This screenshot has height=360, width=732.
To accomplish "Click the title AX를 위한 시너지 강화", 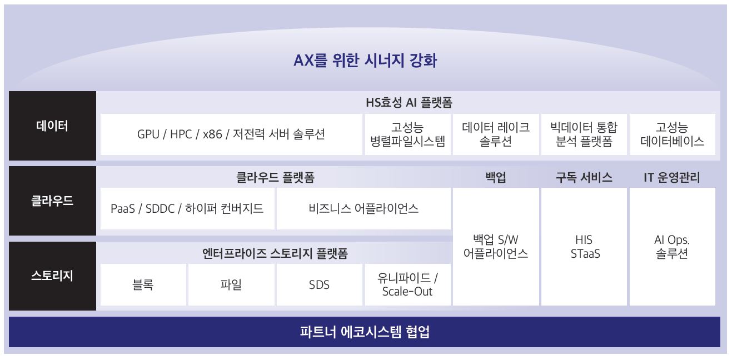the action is click(365, 60).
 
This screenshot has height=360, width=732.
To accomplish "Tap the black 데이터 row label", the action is click(52, 126).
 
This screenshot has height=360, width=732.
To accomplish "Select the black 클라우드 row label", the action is click(52, 201).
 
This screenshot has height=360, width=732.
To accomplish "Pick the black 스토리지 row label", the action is click(52, 276).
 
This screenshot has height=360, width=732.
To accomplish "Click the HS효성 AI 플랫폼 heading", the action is click(409, 102).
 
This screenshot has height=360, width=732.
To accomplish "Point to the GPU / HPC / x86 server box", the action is click(231, 134).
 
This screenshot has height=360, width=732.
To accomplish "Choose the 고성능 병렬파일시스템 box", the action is click(408, 134).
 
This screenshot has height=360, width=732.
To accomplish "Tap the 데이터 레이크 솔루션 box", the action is click(496, 134).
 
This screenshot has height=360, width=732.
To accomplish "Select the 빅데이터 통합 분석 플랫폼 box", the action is click(584, 134).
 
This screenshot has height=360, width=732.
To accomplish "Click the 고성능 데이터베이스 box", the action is click(672, 134).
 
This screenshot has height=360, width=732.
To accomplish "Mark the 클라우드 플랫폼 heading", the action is click(275, 178).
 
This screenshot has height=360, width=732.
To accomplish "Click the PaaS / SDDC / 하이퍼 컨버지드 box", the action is click(187, 208).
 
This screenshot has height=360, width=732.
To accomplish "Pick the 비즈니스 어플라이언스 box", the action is click(363, 208).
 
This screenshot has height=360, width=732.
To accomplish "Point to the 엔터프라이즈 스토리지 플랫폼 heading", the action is click(275, 254).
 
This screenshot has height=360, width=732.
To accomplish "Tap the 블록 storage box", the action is click(143, 284).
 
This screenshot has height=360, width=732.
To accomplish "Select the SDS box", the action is click(319, 284).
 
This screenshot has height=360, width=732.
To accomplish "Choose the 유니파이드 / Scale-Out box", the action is click(407, 284).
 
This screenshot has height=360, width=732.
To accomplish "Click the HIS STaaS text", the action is click(584, 247).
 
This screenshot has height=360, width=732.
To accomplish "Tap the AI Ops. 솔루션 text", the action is click(672, 247).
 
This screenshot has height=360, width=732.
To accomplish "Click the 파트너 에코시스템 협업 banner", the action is click(365, 332).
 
